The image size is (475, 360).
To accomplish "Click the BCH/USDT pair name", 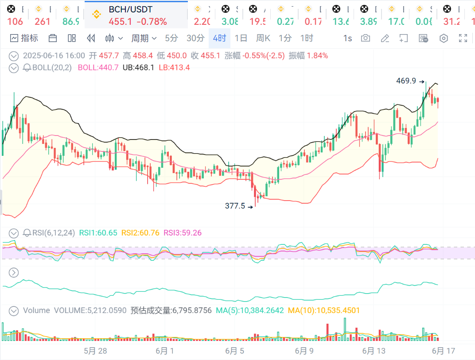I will (x=131, y=9).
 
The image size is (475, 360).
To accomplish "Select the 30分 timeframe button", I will (x=195, y=39).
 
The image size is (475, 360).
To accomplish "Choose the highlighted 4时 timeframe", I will (x=219, y=39).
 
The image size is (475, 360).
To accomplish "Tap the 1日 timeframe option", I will (x=241, y=39).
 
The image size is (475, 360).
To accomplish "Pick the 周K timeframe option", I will (x=263, y=39).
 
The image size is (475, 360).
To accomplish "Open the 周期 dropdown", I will (x=144, y=39).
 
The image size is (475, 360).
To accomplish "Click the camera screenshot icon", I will (x=366, y=39).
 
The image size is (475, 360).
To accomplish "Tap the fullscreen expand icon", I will (x=463, y=39).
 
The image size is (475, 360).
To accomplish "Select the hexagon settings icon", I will (x=444, y=39).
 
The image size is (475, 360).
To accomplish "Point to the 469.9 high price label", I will (x=406, y=81).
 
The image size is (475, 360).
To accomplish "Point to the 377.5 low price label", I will (x=235, y=206).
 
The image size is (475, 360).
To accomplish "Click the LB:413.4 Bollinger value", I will (x=174, y=68).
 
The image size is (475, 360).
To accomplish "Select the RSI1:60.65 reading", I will (x=98, y=233).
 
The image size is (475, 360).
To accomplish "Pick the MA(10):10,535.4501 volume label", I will (x=324, y=311).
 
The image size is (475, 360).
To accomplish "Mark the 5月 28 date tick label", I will (x=95, y=351).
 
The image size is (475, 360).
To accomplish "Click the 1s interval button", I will (x=347, y=39).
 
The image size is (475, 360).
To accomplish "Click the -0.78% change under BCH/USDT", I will (x=152, y=22).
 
